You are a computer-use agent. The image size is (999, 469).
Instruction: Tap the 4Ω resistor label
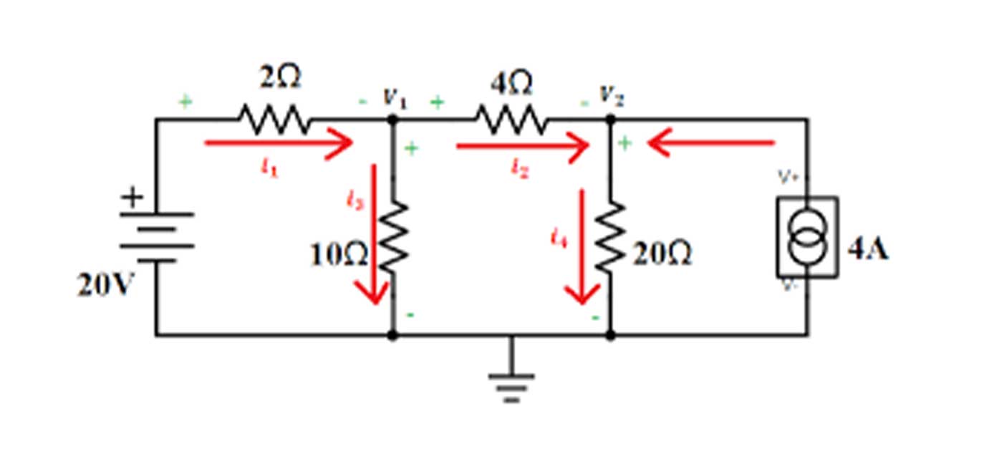click(511, 84)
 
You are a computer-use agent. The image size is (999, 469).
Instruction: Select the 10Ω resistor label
click(339, 256)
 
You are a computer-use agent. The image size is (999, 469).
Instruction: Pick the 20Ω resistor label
click(662, 255)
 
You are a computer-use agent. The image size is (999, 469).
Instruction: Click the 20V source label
click(106, 286)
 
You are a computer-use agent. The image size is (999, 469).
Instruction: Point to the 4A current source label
click(868, 250)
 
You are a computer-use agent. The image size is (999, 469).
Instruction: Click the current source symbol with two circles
click(808, 237)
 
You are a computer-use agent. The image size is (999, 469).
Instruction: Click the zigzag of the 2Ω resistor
click(274, 120)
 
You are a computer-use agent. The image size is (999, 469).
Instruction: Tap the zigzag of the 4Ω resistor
click(511, 120)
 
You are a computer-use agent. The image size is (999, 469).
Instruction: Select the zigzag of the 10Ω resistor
click(393, 236)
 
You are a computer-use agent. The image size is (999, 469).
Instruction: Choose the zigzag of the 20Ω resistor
click(611, 236)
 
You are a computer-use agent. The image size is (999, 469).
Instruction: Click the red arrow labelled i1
click(279, 143)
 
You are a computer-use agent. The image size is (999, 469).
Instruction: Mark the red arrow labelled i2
click(523, 147)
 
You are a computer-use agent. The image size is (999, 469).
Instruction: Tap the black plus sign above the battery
click(132, 197)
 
